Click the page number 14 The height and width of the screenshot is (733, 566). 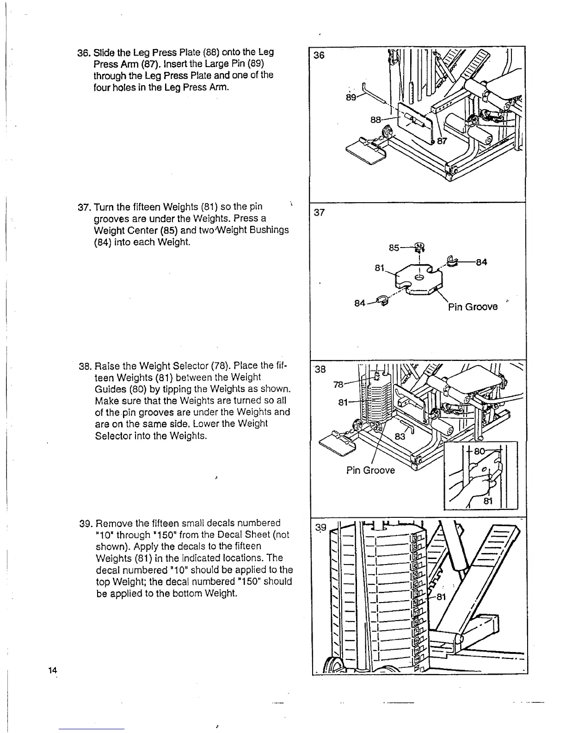point(52,670)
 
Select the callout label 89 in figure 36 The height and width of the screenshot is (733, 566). point(352,98)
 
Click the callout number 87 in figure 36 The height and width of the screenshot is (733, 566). point(442,141)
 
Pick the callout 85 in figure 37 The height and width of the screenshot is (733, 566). point(394,248)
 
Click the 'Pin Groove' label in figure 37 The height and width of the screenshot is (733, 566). point(473,306)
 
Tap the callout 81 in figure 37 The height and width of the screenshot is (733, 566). point(380,268)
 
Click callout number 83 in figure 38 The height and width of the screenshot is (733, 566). point(400,436)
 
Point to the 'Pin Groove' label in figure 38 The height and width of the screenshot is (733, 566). point(370,470)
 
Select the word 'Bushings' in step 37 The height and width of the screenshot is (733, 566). point(272,230)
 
